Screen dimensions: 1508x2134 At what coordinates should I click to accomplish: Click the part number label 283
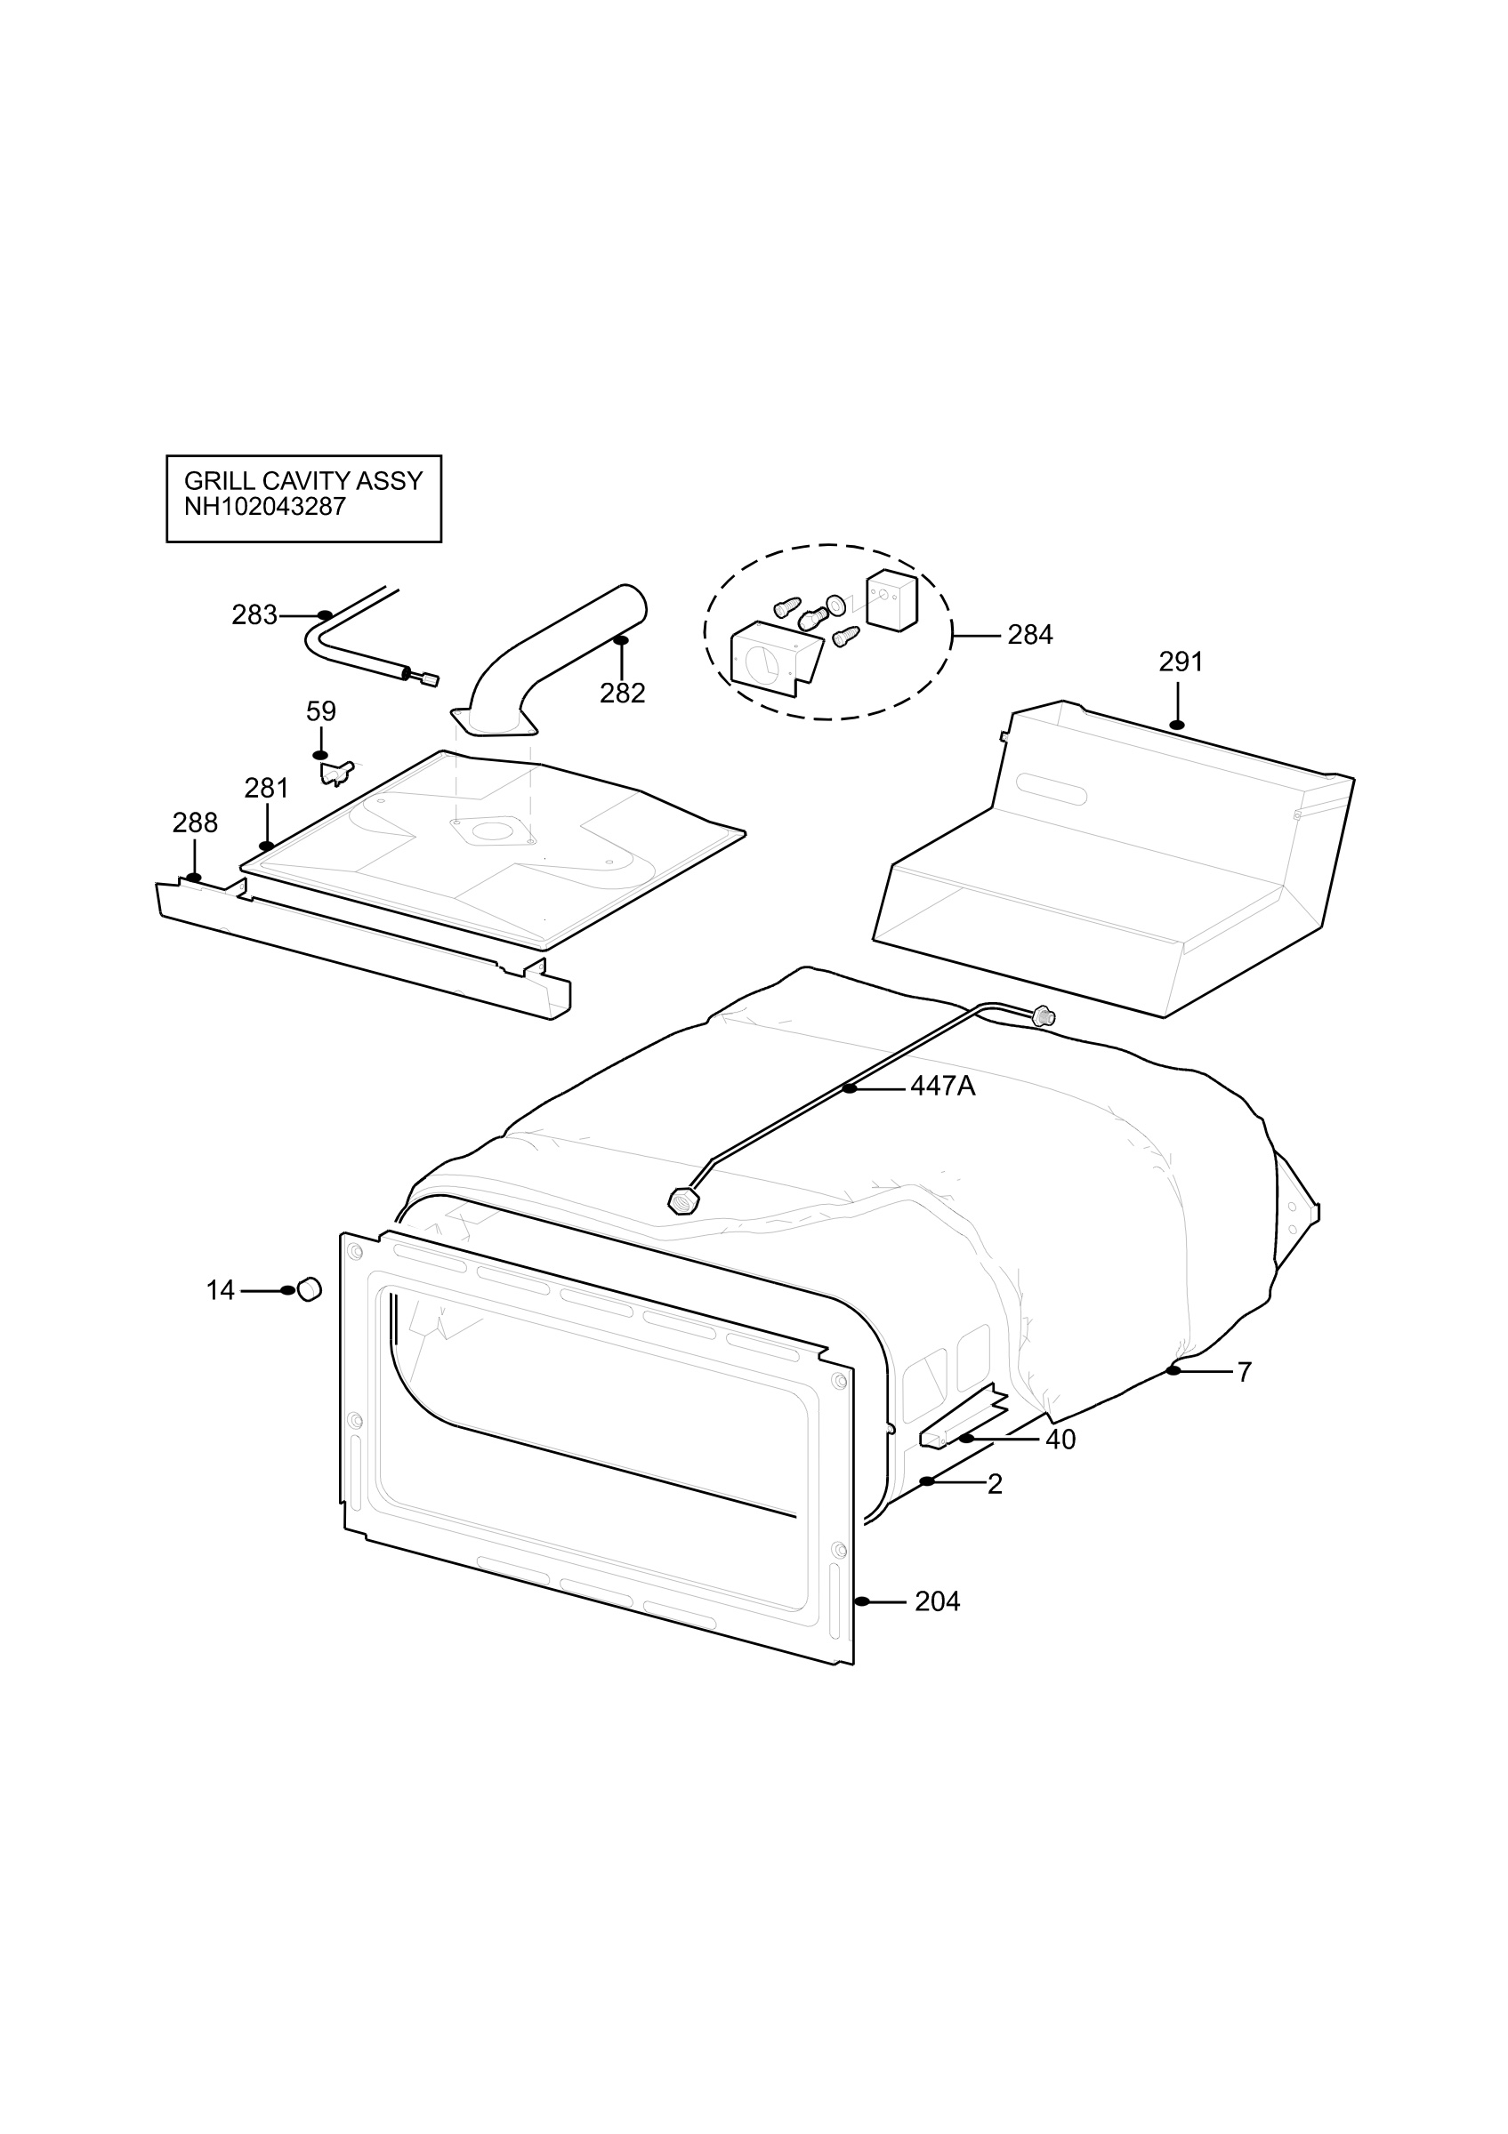(254, 615)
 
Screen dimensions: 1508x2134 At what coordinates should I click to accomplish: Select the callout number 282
(622, 694)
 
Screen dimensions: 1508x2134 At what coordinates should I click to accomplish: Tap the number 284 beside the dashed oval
(1030, 635)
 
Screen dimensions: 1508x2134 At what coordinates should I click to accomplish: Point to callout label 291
(1181, 662)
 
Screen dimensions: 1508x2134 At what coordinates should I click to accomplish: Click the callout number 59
(321, 712)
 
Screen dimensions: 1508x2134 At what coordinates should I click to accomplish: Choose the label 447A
(943, 1086)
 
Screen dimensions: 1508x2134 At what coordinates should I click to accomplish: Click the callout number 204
(937, 1601)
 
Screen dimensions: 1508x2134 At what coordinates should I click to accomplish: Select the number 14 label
(221, 1291)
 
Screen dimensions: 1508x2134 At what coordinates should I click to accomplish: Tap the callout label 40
(1060, 1440)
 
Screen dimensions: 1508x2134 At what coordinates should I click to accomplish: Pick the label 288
(195, 822)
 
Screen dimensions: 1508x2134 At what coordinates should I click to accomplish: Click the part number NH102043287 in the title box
(265, 507)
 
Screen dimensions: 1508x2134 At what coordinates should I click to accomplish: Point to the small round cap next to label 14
(310, 1289)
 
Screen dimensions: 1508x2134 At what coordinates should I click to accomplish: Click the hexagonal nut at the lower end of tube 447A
(683, 1202)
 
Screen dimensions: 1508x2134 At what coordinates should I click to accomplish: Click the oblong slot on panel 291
(1051, 789)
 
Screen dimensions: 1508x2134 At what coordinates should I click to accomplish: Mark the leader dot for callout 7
(1174, 1371)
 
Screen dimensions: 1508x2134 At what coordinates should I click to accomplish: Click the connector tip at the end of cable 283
(430, 679)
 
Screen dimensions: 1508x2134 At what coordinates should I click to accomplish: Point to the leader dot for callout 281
(267, 846)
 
